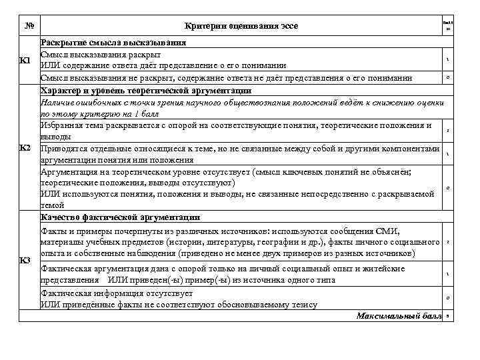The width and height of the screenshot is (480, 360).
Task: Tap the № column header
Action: point(29,26)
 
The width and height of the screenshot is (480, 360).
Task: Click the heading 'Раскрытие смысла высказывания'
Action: point(113,42)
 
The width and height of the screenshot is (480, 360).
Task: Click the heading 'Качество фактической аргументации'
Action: point(120,217)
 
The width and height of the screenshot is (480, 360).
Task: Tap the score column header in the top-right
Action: point(447,26)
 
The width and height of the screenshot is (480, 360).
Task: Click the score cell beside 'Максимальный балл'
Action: point(447,316)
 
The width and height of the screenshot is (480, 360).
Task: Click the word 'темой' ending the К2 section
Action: point(53,205)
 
